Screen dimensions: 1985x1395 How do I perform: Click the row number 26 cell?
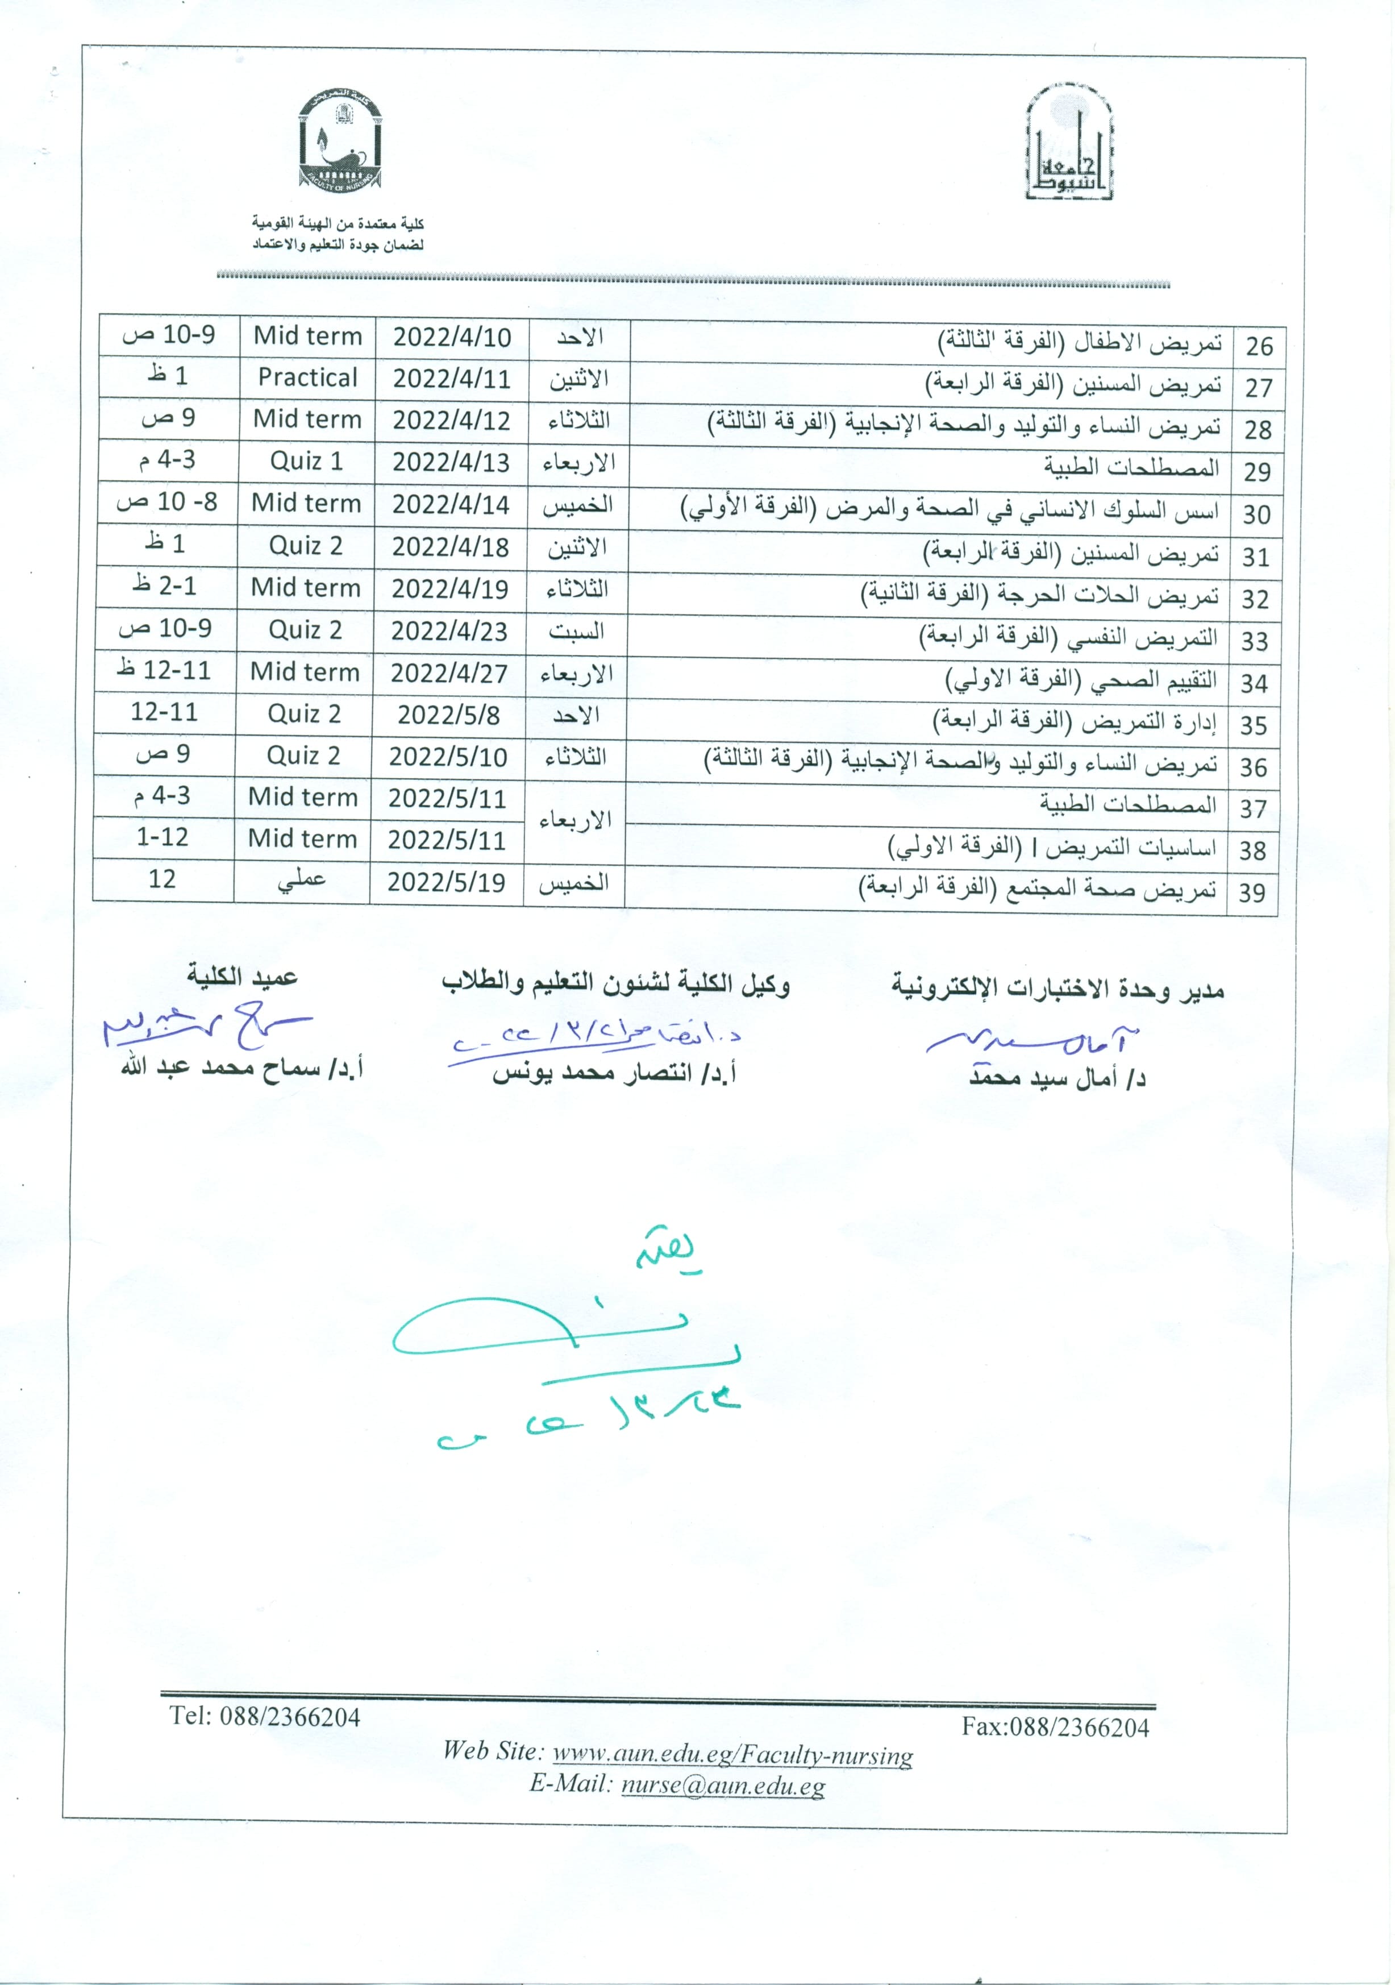pyautogui.click(x=1259, y=346)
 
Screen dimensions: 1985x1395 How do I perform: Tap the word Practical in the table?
pyautogui.click(x=307, y=378)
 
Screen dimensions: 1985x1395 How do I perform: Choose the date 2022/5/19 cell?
pyautogui.click(x=446, y=883)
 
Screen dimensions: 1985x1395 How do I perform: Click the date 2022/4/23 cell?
pyautogui.click(x=448, y=631)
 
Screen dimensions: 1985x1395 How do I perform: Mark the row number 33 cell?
pyautogui.click(x=1254, y=641)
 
